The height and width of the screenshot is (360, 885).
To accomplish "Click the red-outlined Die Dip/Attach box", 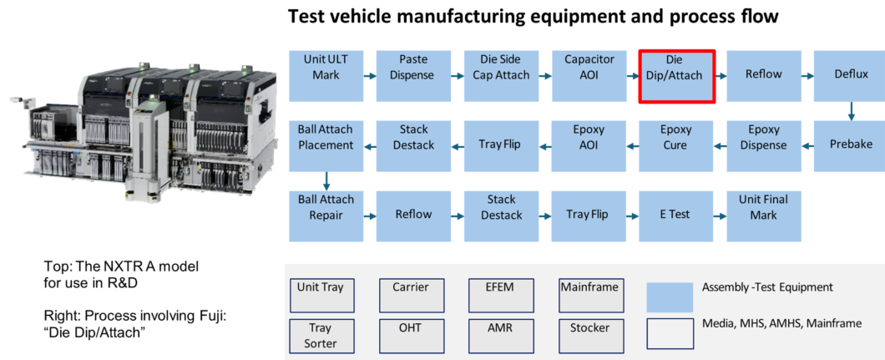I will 676,75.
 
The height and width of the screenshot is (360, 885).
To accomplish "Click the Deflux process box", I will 851,75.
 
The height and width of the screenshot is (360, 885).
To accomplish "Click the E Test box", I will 675,215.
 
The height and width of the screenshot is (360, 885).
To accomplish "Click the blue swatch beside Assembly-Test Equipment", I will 670,297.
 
